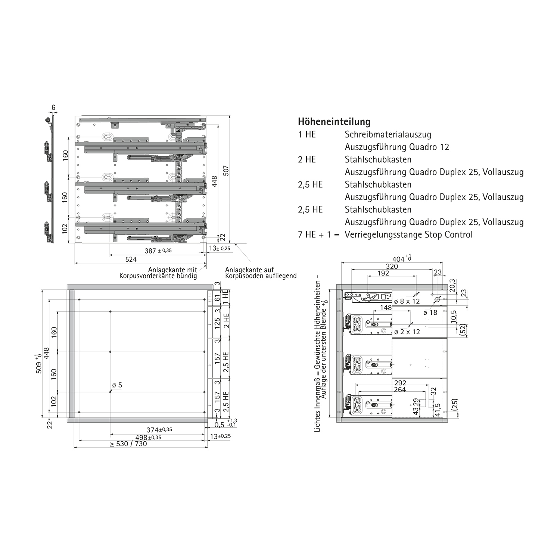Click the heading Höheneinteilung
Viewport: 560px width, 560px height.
pyautogui.click(x=334, y=122)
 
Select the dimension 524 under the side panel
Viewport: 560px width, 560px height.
pyautogui.click(x=131, y=259)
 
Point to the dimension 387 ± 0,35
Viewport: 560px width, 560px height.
pyautogui.click(x=158, y=251)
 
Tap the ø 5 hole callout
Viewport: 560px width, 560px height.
pyautogui.click(x=117, y=385)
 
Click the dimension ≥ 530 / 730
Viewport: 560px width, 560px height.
pyautogui.click(x=128, y=444)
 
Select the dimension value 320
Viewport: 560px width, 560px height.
pyautogui.click(x=392, y=266)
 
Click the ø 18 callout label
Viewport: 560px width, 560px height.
pyautogui.click(x=430, y=312)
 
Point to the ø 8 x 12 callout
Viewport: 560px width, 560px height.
pyautogui.click(x=407, y=301)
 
